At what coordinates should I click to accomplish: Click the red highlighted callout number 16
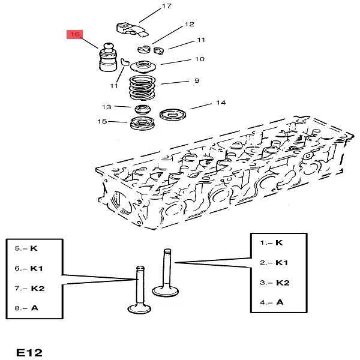[x=75, y=35]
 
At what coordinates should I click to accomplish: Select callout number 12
[x=190, y=25]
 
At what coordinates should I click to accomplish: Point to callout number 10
[x=199, y=59]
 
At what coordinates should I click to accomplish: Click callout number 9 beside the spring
[x=196, y=80]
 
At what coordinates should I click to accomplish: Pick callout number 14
[x=221, y=103]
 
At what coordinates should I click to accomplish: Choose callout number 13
[x=106, y=107]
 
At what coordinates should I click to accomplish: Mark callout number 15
[x=102, y=122]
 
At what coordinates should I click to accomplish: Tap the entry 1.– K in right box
[x=271, y=242]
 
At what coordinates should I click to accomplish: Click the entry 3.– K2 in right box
[x=274, y=282]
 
